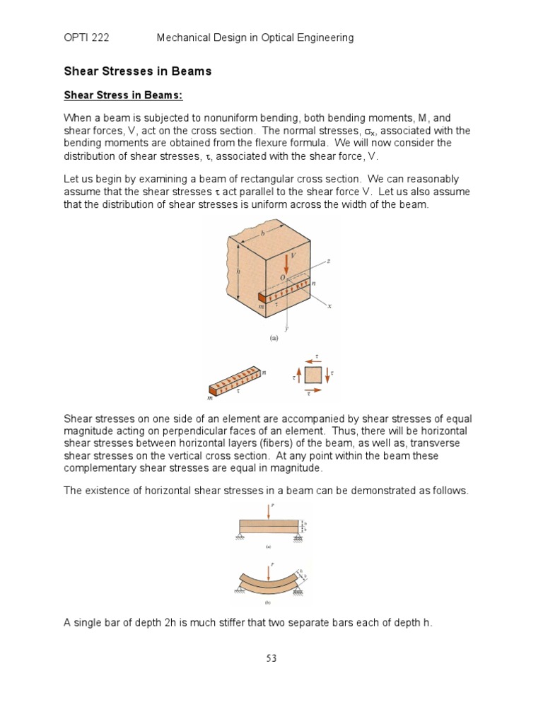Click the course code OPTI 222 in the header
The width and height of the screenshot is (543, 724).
pyautogui.click(x=86, y=37)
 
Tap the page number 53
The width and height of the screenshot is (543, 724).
pyautogui.click(x=271, y=658)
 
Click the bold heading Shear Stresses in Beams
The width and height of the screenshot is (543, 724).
pyautogui.click(x=138, y=71)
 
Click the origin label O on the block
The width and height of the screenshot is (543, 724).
pyautogui.click(x=282, y=279)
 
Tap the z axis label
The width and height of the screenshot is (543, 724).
pyautogui.click(x=329, y=261)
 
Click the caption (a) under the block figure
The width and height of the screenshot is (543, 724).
pyautogui.click(x=273, y=338)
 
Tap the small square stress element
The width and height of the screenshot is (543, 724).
pyautogui.click(x=313, y=374)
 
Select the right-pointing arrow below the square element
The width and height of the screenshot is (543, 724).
pyautogui.click(x=313, y=390)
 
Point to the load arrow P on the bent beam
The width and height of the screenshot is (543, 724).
pyautogui.click(x=270, y=569)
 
